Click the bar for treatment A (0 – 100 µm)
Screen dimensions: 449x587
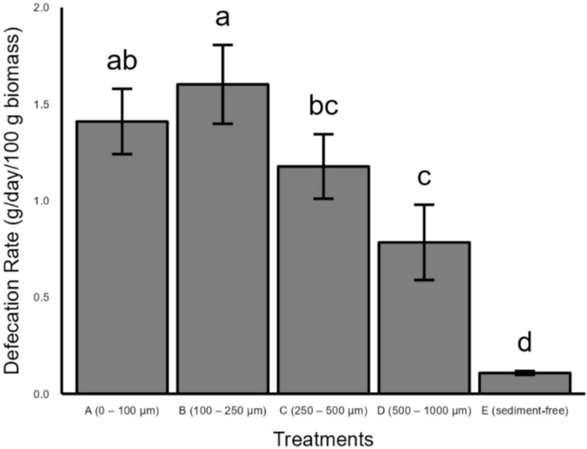[122, 257]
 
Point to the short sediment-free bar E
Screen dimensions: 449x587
[524, 383]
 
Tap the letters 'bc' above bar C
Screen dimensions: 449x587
[323, 107]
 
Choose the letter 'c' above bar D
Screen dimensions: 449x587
[424, 177]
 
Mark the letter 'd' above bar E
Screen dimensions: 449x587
[524, 345]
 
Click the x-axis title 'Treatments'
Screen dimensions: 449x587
[323, 438]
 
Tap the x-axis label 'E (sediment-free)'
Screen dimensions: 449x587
[524, 410]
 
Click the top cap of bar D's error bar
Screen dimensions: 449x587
[424, 205]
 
